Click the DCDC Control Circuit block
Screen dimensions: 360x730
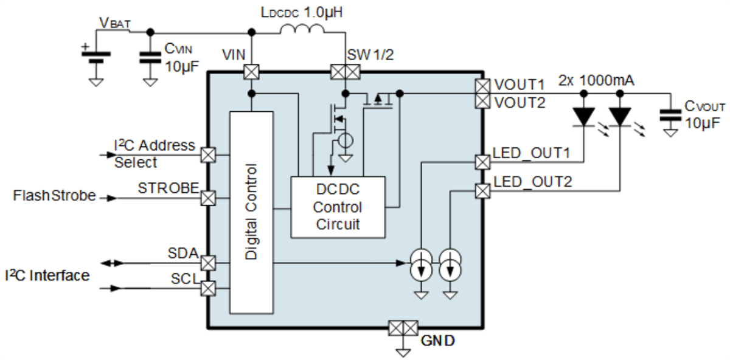pos(338,207)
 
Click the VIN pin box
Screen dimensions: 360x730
pos(251,72)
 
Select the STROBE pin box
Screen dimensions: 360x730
pos(208,198)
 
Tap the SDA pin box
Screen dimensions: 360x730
pos(208,263)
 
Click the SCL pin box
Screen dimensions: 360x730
pos(208,287)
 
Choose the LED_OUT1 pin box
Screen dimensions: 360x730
pos(482,162)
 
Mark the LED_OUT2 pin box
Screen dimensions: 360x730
pos(482,191)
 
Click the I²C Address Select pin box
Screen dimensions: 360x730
pos(208,154)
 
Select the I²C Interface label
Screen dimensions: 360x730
pos(47,275)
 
